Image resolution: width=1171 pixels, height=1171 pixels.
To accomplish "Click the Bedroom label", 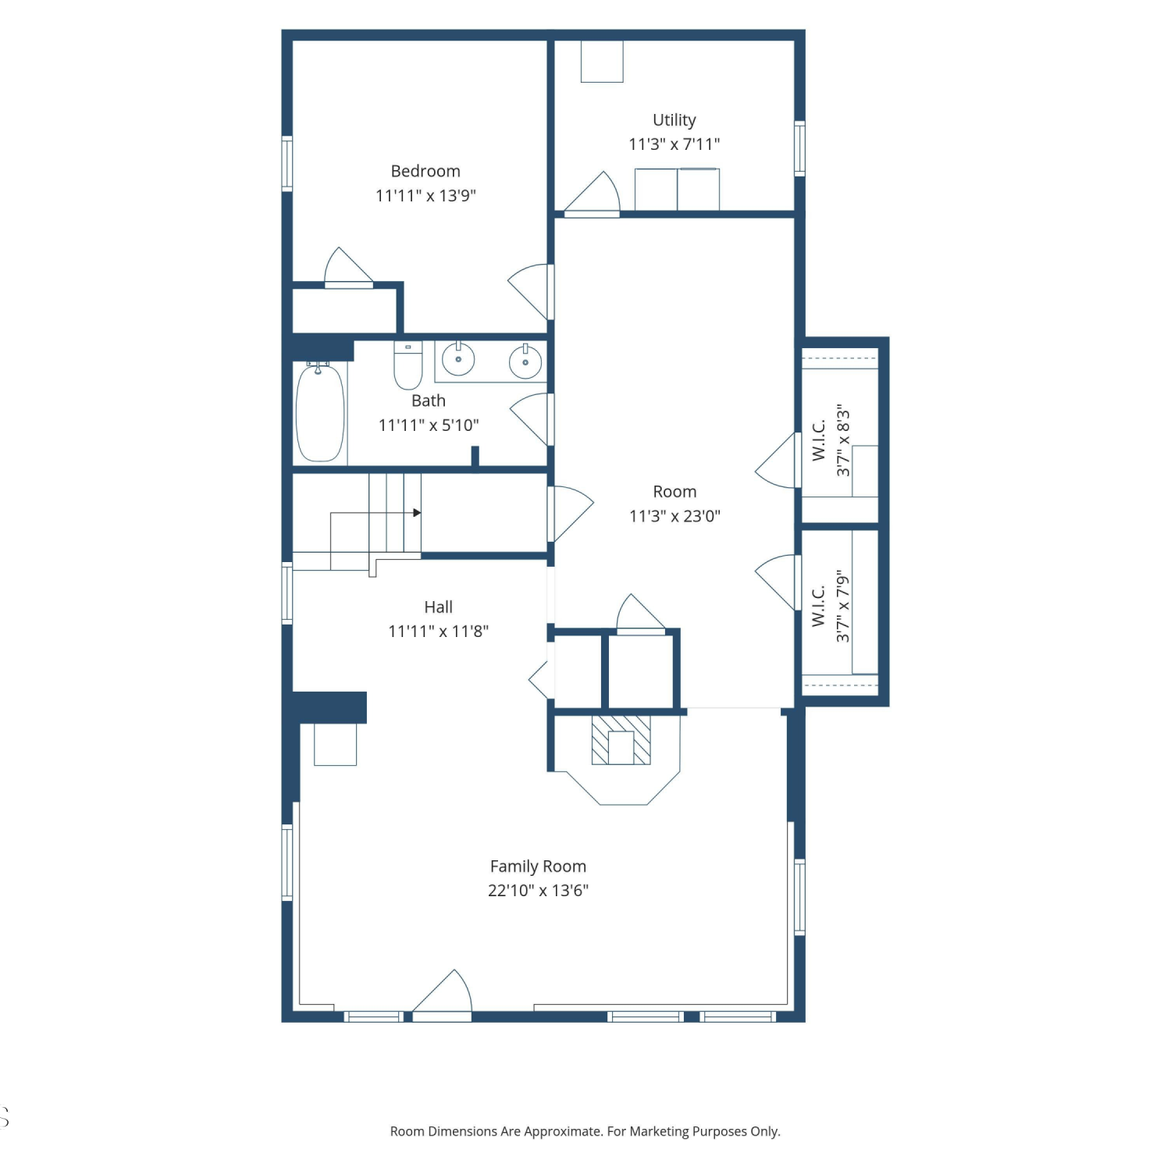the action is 425,171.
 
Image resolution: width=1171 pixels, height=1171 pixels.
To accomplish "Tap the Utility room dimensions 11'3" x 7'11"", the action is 674,144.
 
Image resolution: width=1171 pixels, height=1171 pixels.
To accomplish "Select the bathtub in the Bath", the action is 320,412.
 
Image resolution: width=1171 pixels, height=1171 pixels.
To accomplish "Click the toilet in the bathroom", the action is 408,365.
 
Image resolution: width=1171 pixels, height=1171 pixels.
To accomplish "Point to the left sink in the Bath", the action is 458,359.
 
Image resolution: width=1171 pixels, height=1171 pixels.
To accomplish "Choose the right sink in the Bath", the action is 525,361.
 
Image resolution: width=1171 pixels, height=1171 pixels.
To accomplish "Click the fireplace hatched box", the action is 621,740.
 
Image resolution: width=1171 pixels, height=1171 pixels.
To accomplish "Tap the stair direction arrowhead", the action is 418,513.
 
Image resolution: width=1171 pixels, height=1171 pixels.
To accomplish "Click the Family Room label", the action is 538,866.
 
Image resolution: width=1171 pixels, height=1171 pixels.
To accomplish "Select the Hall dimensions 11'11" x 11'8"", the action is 439,631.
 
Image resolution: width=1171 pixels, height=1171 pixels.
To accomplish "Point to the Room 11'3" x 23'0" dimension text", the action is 674,515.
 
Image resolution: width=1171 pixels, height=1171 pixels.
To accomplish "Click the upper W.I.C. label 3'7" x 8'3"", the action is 831,440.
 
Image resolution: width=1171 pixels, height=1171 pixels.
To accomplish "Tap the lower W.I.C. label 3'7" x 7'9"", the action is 831,607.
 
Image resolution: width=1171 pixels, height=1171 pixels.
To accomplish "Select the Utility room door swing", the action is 592,192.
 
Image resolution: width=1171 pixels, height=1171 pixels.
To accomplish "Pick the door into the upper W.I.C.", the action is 778,461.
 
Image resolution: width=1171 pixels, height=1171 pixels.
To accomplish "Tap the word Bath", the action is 429,400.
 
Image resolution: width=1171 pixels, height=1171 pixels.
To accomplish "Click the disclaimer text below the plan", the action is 585,1131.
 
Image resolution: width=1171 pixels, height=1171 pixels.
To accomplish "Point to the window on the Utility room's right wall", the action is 799,148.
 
